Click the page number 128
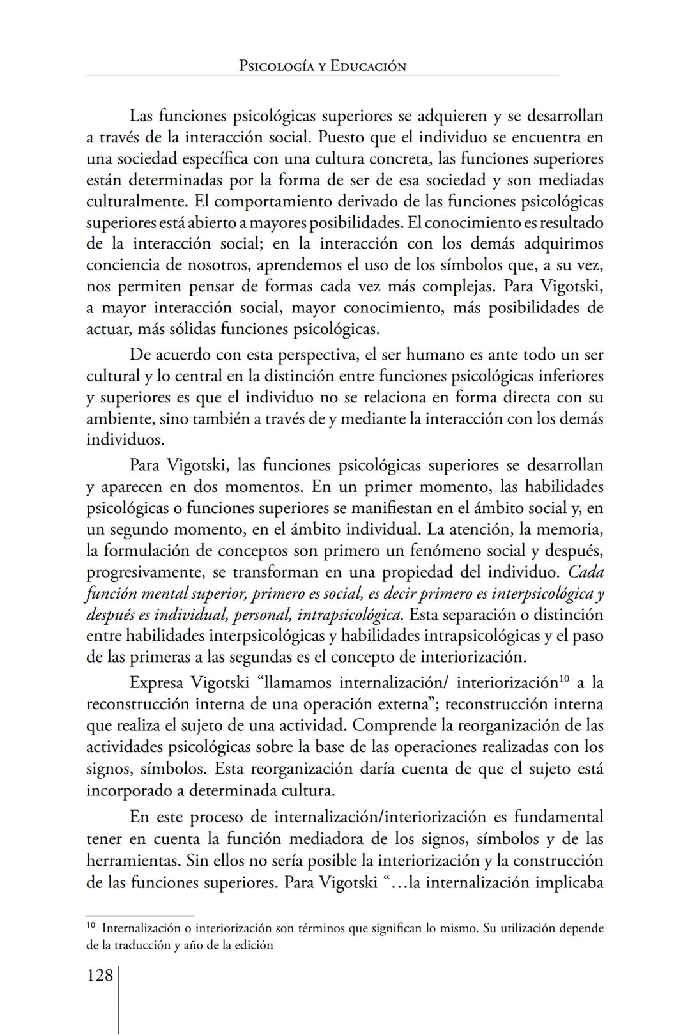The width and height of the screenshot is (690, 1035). (100, 976)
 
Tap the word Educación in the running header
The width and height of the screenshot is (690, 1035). (368, 66)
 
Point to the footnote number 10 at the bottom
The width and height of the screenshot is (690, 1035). (90, 924)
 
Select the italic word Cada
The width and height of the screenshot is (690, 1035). (585, 572)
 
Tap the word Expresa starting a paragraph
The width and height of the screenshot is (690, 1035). (156, 683)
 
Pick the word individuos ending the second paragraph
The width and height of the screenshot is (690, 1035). (124, 440)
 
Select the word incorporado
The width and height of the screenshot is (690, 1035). (128, 790)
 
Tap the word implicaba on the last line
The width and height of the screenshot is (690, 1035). (569, 882)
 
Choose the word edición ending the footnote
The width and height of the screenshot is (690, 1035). (253, 945)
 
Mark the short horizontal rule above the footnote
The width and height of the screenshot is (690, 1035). (141, 915)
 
